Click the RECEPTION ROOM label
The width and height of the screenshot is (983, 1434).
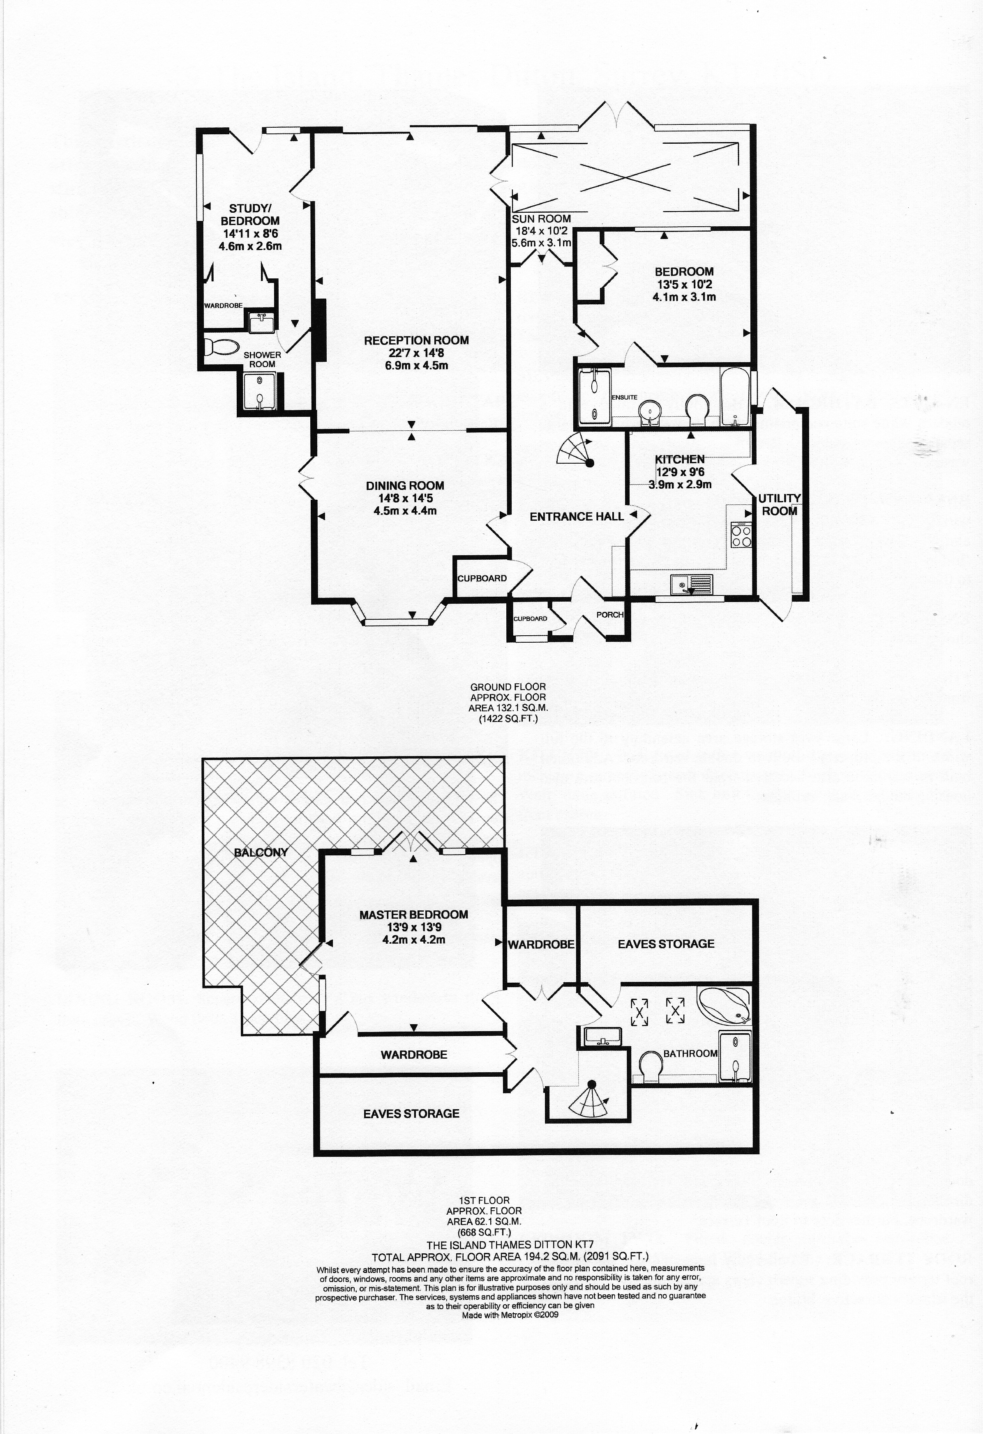click(x=416, y=340)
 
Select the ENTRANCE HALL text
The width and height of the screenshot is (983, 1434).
click(x=577, y=517)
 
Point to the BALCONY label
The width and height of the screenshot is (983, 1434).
click(x=261, y=853)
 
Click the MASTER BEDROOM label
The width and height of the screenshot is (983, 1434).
click(x=414, y=915)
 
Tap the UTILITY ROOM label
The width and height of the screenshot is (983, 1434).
click(x=779, y=504)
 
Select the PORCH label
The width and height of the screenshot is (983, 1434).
click(x=609, y=615)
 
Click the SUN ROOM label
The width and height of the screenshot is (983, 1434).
click(x=541, y=218)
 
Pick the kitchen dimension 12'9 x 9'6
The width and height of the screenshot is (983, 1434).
click(x=680, y=472)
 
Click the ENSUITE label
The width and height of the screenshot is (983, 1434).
click(x=624, y=398)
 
